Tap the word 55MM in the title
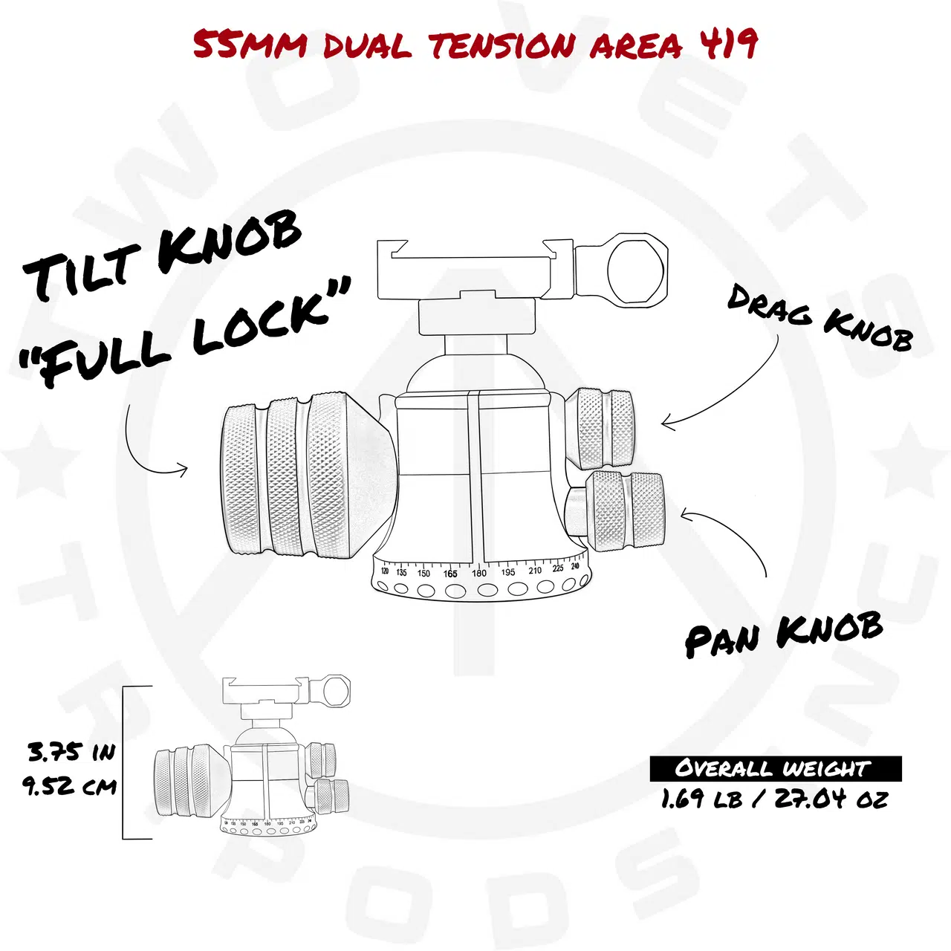[249, 45]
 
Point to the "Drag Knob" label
[819, 318]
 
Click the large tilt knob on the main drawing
[306, 475]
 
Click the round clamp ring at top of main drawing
[622, 270]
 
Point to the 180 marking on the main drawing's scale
[478, 573]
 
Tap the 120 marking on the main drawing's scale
[385, 571]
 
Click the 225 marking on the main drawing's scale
[558, 568]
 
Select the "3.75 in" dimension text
[71, 753]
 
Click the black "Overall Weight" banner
[776, 769]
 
